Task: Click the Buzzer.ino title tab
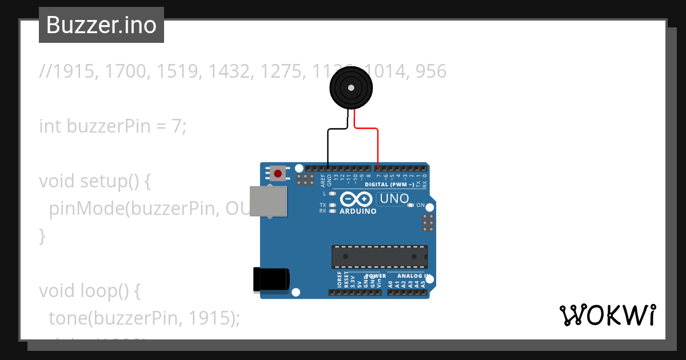(101, 25)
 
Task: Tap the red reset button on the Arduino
(278, 173)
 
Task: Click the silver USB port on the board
(268, 201)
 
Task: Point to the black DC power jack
(271, 280)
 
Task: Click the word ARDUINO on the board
(358, 211)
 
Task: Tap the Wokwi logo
(607, 315)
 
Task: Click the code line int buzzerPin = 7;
(113, 126)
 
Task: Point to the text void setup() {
(94, 181)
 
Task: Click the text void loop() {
(89, 291)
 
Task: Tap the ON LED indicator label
(420, 205)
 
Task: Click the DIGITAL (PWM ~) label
(389, 185)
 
